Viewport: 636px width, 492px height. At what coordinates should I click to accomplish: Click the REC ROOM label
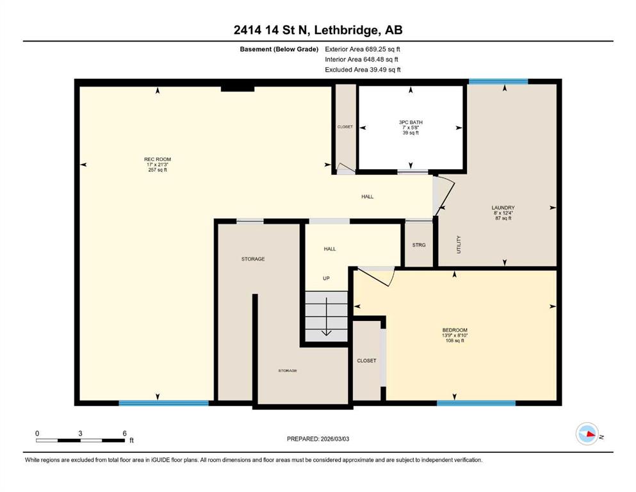click(x=158, y=160)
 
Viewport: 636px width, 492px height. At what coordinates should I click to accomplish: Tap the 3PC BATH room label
click(x=411, y=122)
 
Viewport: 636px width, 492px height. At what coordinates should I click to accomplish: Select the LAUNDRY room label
click(x=503, y=208)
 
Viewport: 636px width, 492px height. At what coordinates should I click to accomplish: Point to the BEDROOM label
click(x=455, y=330)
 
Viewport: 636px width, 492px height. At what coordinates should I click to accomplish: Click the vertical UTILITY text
click(x=459, y=245)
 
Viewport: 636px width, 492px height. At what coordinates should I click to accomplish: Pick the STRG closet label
click(x=419, y=245)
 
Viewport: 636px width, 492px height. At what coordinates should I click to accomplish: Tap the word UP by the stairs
click(x=326, y=278)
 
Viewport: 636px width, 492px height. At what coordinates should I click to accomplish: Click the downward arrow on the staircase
click(x=327, y=316)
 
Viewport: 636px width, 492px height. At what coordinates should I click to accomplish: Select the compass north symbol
click(x=587, y=434)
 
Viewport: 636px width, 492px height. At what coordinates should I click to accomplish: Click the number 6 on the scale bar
click(x=124, y=433)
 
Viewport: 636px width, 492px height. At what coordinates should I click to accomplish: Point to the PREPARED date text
click(x=318, y=439)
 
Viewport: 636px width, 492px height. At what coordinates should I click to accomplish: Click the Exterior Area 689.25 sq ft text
click(x=363, y=49)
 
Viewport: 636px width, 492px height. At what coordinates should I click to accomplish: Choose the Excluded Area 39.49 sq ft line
click(x=363, y=70)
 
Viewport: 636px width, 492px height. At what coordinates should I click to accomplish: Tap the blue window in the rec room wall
click(x=163, y=403)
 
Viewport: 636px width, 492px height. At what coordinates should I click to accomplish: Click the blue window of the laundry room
click(x=498, y=81)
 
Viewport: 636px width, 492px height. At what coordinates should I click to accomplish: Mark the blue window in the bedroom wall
click(x=476, y=403)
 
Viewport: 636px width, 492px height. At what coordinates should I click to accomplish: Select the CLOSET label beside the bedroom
click(x=366, y=361)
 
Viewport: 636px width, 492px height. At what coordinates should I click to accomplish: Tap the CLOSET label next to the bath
click(x=345, y=127)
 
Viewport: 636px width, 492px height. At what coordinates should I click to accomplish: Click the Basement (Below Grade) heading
click(x=279, y=49)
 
